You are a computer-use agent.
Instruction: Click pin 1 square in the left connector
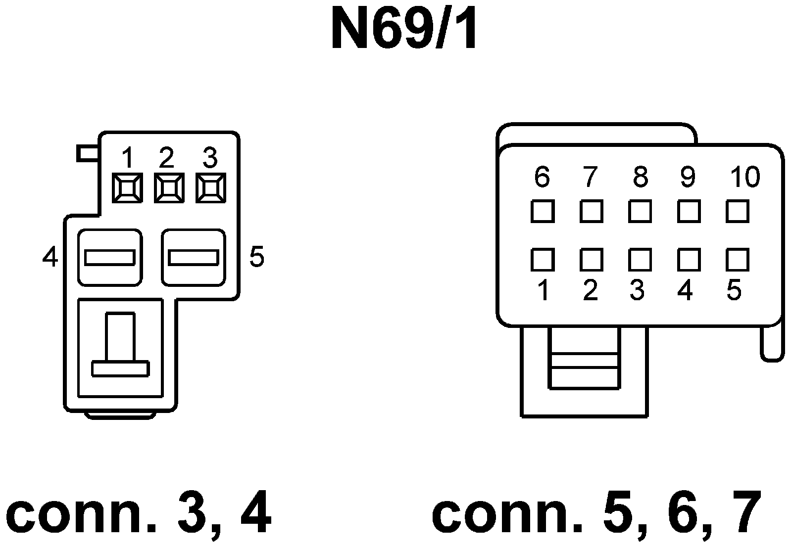tap(127, 188)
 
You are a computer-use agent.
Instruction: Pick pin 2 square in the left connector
tap(169, 188)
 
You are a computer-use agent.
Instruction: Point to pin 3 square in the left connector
tap(211, 188)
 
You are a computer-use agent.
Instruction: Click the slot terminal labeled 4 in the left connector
tap(110, 258)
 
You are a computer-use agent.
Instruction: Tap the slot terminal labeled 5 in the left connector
tap(194, 258)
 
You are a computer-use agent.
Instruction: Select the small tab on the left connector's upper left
tap(88, 153)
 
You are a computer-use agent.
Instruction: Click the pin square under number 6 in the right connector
tap(543, 212)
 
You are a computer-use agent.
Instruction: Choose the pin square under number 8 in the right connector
tap(640, 212)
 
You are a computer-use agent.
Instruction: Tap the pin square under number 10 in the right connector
tap(738, 212)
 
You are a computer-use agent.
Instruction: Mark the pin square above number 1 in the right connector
tap(543, 260)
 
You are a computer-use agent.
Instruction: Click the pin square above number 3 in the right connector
tap(640, 260)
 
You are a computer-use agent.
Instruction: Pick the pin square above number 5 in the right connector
tap(738, 260)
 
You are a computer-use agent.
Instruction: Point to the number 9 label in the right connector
tap(688, 177)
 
